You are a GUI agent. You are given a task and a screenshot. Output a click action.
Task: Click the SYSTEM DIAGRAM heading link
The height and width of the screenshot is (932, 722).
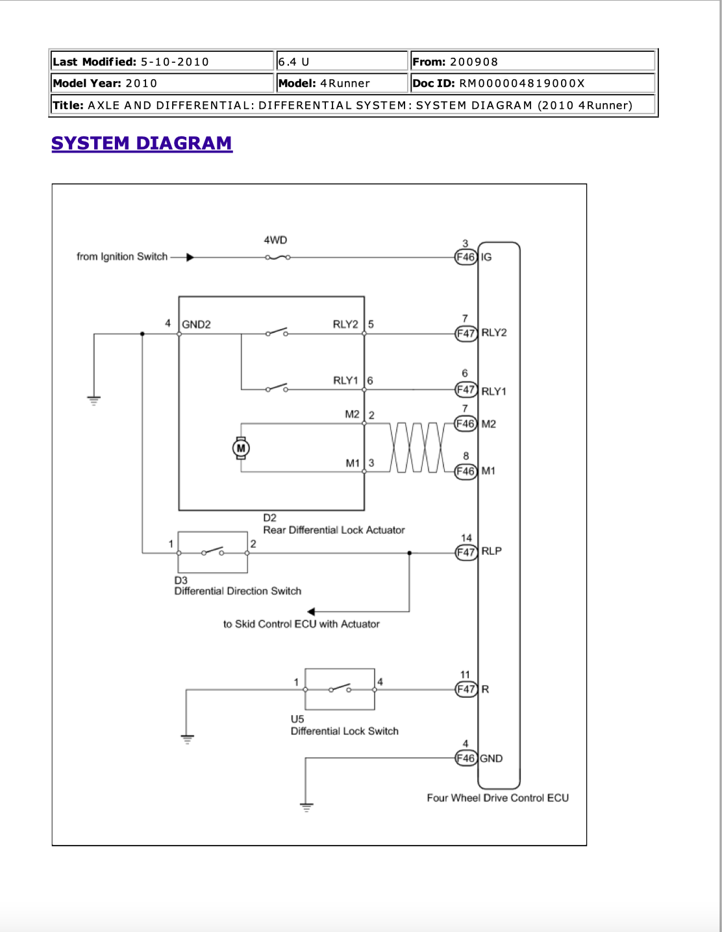pos(142,143)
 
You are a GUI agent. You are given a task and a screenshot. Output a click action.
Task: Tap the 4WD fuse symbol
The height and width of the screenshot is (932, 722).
pos(277,258)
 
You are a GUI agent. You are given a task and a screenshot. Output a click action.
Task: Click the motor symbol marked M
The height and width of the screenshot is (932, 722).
pos(241,448)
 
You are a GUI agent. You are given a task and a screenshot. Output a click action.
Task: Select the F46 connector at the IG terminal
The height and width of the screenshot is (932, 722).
pos(466,258)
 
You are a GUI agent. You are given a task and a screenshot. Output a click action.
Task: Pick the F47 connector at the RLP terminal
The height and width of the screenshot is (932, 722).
pos(466,552)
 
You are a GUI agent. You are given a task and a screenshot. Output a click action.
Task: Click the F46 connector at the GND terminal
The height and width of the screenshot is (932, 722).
pos(466,758)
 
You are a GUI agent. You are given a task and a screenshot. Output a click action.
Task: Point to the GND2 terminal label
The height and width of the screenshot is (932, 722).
pos(197,325)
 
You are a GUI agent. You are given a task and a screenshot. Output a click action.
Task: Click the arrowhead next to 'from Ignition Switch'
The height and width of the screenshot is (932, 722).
pos(190,258)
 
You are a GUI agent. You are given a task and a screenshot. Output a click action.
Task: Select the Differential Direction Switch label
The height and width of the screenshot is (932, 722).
pos(238,591)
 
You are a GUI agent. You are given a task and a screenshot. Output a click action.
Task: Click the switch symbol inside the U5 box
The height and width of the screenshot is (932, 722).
pos(340,689)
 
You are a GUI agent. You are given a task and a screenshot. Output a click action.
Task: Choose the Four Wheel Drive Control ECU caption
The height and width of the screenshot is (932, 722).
pos(497,798)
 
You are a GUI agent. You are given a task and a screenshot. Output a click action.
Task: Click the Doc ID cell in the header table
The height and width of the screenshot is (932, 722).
pos(533,83)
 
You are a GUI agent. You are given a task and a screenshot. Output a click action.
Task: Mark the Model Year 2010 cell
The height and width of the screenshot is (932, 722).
pos(162,83)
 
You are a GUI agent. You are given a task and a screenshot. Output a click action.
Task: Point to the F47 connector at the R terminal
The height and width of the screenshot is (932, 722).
pos(466,689)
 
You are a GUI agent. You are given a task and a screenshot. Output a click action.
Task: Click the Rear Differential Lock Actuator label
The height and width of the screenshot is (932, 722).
pos(334,530)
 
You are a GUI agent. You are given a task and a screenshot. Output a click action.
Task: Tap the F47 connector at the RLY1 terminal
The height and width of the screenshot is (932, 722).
pos(466,389)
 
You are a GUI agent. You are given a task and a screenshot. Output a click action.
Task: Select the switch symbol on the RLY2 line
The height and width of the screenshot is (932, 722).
pos(277,332)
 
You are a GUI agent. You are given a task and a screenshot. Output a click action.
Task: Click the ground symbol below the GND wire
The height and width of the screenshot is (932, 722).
pos(306,808)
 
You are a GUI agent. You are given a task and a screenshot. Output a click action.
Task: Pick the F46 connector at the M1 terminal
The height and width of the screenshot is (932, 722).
pos(466,471)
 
